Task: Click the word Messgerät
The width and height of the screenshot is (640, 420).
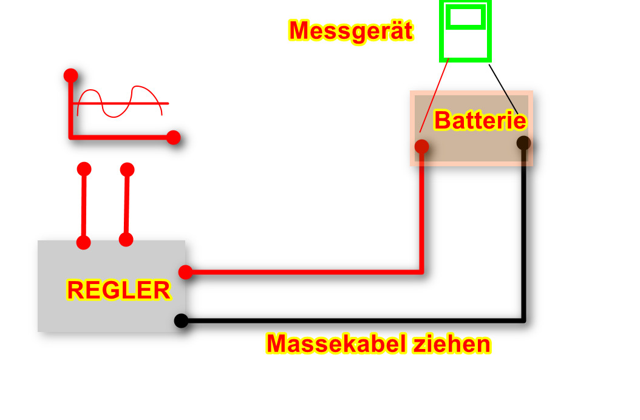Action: (x=350, y=30)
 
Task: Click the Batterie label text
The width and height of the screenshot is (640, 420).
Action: (x=480, y=121)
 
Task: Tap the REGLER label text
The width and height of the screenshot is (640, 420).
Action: (x=118, y=291)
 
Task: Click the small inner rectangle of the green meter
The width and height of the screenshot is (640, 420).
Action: (x=466, y=17)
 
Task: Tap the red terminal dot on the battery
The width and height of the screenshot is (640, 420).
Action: (x=421, y=146)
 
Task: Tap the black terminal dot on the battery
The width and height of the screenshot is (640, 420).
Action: (x=523, y=143)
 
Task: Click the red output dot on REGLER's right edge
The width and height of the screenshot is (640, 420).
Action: (x=186, y=272)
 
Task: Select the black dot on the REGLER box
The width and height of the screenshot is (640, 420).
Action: (x=181, y=320)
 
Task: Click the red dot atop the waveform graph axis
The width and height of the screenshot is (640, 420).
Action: (x=71, y=76)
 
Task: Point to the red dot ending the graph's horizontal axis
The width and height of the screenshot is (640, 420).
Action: (x=173, y=137)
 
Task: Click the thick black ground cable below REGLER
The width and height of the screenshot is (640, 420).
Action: (x=352, y=320)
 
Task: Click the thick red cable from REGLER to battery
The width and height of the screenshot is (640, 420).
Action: (x=304, y=272)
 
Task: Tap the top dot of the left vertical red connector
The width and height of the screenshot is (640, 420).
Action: (x=84, y=168)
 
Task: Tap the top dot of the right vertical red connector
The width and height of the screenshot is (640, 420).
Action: (x=127, y=169)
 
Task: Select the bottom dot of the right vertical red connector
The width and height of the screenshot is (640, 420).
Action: (x=126, y=240)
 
